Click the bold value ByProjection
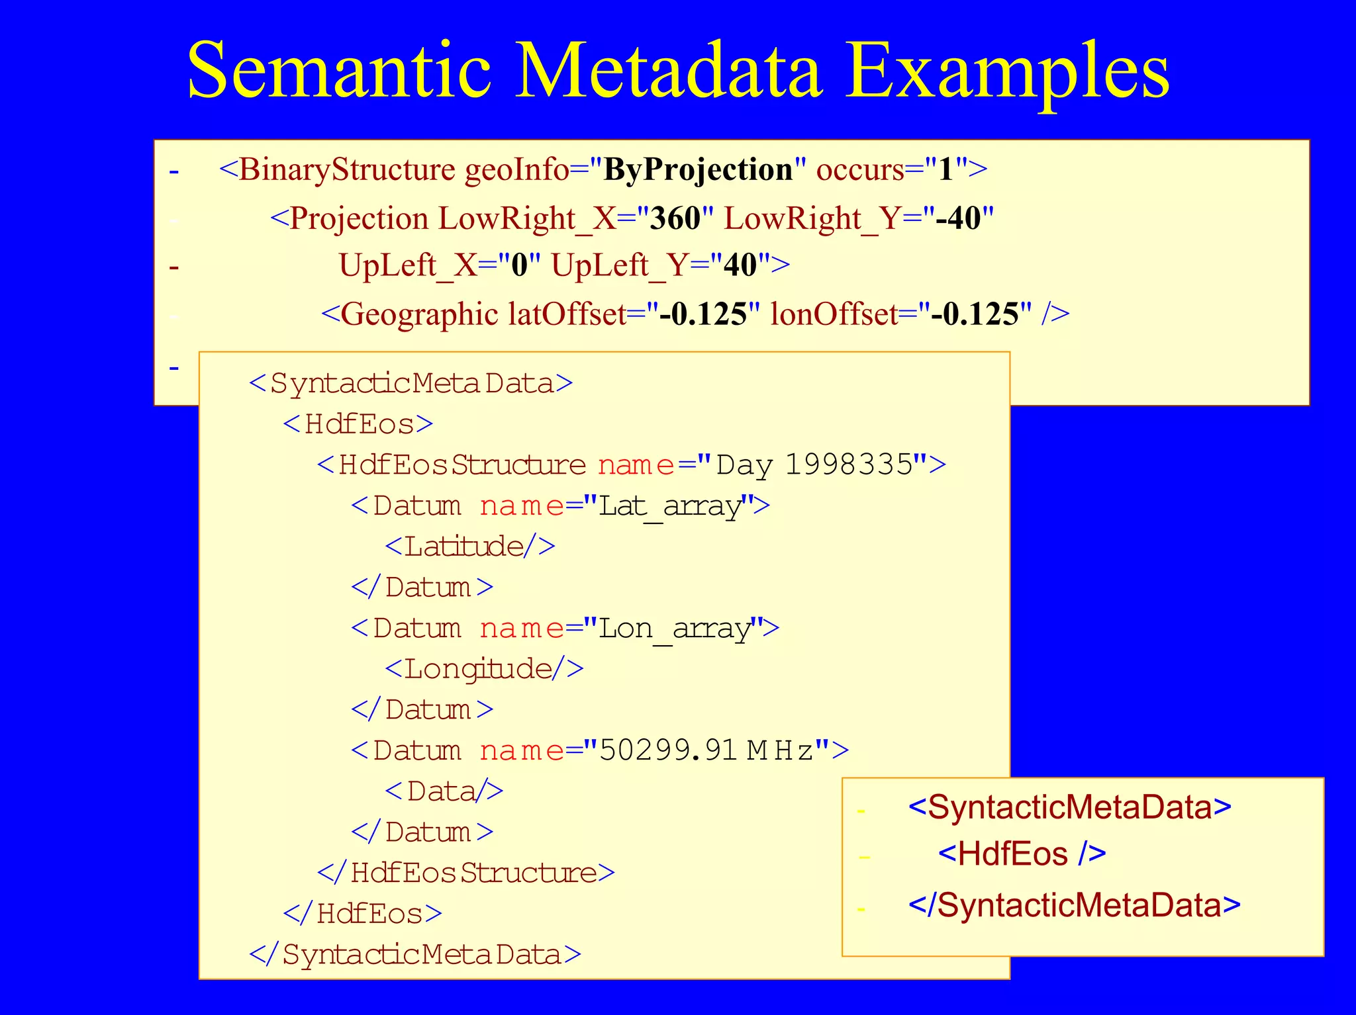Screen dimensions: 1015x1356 (698, 170)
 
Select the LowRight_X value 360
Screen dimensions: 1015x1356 (675, 218)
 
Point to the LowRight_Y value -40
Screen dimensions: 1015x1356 (957, 218)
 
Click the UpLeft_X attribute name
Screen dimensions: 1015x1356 (408, 266)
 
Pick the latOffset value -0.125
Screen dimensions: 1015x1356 (704, 314)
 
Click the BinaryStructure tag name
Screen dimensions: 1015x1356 (346, 170)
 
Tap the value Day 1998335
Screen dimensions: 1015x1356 (814, 465)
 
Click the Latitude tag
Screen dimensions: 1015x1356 (469, 547)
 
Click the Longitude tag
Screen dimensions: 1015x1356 (484, 670)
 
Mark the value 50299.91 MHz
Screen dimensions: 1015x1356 (706, 751)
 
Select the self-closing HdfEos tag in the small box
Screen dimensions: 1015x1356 (1022, 854)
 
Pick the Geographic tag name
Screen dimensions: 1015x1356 (418, 314)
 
